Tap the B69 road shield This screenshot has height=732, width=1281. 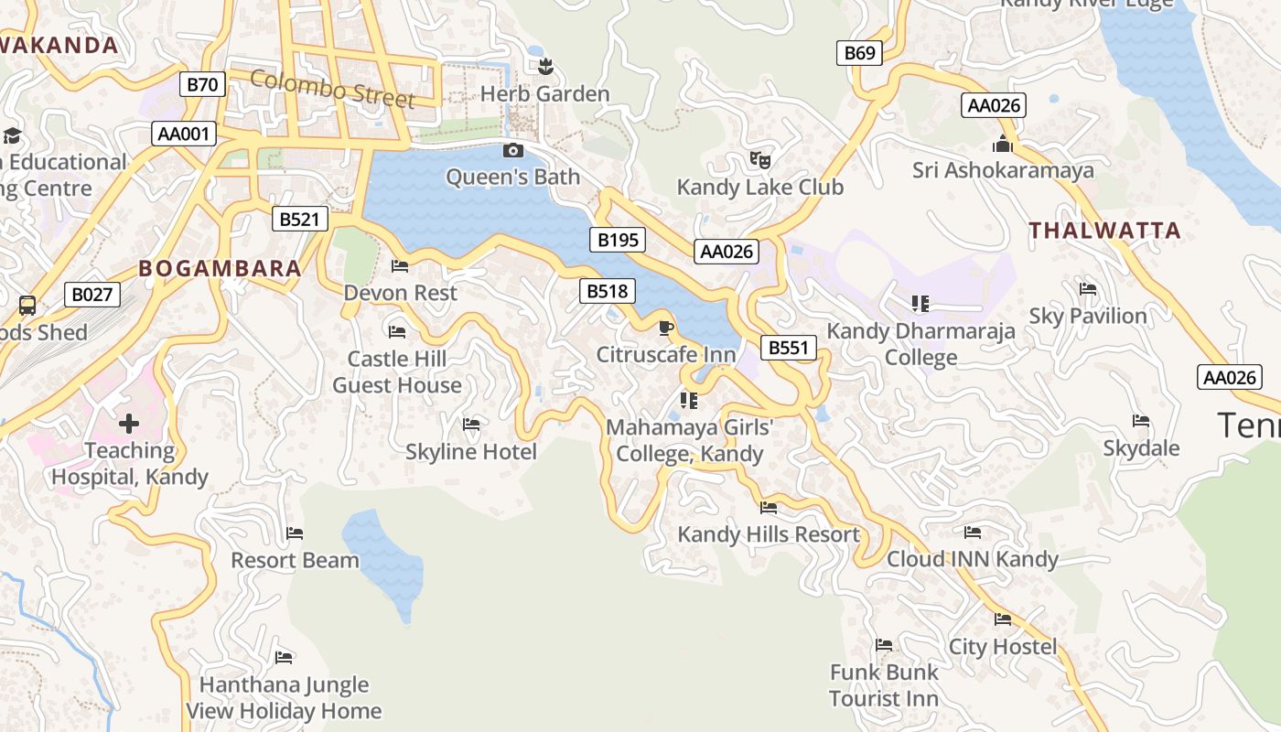tap(859, 53)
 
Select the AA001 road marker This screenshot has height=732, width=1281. tap(184, 135)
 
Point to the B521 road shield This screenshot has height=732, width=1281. tap(299, 219)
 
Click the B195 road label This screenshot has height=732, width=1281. tap(618, 241)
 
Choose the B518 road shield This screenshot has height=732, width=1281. tap(608, 291)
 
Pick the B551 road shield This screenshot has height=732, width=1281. tap(788, 348)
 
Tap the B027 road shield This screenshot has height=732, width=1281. tap(91, 295)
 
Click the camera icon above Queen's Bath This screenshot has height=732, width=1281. tap(513, 150)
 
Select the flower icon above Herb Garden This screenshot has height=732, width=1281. tap(545, 66)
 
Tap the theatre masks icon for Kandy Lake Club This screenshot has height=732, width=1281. tap(759, 160)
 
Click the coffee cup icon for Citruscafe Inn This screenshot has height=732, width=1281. tap(665, 328)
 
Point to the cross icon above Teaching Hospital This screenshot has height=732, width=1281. tap(129, 424)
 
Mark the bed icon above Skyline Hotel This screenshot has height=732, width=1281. tap(471, 425)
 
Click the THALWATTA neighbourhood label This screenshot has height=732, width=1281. tap(1104, 231)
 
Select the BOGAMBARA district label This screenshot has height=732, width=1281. tap(220, 268)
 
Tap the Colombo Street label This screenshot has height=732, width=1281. tap(333, 89)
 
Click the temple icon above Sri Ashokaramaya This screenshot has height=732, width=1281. tap(1003, 145)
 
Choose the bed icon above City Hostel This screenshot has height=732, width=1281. tap(1003, 619)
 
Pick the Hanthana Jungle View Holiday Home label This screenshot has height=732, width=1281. tap(284, 697)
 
